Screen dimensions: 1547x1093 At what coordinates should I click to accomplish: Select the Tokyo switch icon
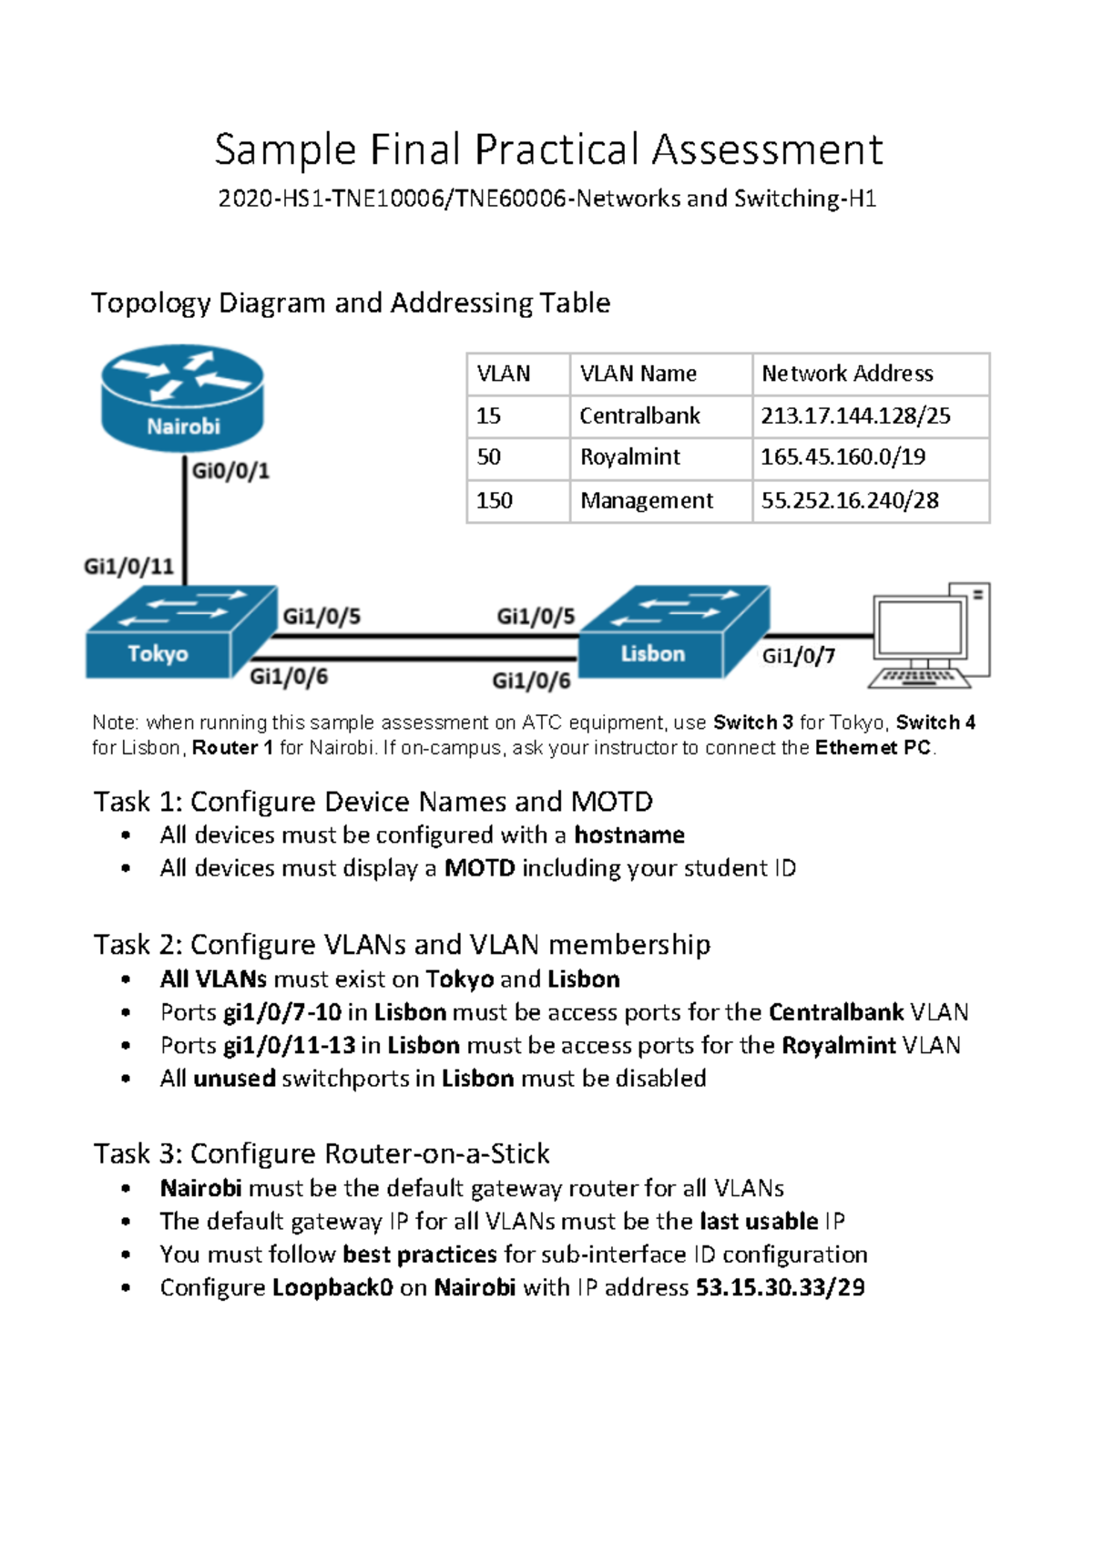tap(180, 633)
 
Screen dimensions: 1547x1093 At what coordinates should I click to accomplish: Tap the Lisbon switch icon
tap(674, 633)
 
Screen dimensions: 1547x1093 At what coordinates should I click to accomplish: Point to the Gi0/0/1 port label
tap(230, 471)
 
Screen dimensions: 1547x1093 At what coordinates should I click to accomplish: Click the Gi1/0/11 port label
tap(128, 567)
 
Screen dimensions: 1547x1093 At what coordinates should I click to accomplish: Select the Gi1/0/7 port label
tap(798, 656)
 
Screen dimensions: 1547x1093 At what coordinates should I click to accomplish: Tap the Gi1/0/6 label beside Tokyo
tap(288, 676)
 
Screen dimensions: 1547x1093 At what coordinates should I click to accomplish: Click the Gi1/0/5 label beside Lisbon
tap(536, 617)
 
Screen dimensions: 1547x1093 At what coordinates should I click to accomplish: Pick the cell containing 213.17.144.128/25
tap(855, 416)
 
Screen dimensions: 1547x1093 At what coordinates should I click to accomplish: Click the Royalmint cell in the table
tap(630, 457)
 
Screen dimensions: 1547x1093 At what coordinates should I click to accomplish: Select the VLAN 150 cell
tap(495, 500)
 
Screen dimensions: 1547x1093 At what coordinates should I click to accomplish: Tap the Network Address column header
tap(847, 374)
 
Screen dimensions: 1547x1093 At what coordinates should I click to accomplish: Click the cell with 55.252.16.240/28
tap(850, 500)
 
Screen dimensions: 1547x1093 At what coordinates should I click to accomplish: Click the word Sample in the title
tap(285, 149)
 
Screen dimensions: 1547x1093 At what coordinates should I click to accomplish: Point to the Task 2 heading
tap(402, 944)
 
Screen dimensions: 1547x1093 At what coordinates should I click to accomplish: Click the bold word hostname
tap(628, 835)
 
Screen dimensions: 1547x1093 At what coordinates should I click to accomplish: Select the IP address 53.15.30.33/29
tap(780, 1287)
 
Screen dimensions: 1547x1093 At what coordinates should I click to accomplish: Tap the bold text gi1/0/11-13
tap(289, 1045)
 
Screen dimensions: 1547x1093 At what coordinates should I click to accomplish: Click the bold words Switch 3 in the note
tap(753, 722)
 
